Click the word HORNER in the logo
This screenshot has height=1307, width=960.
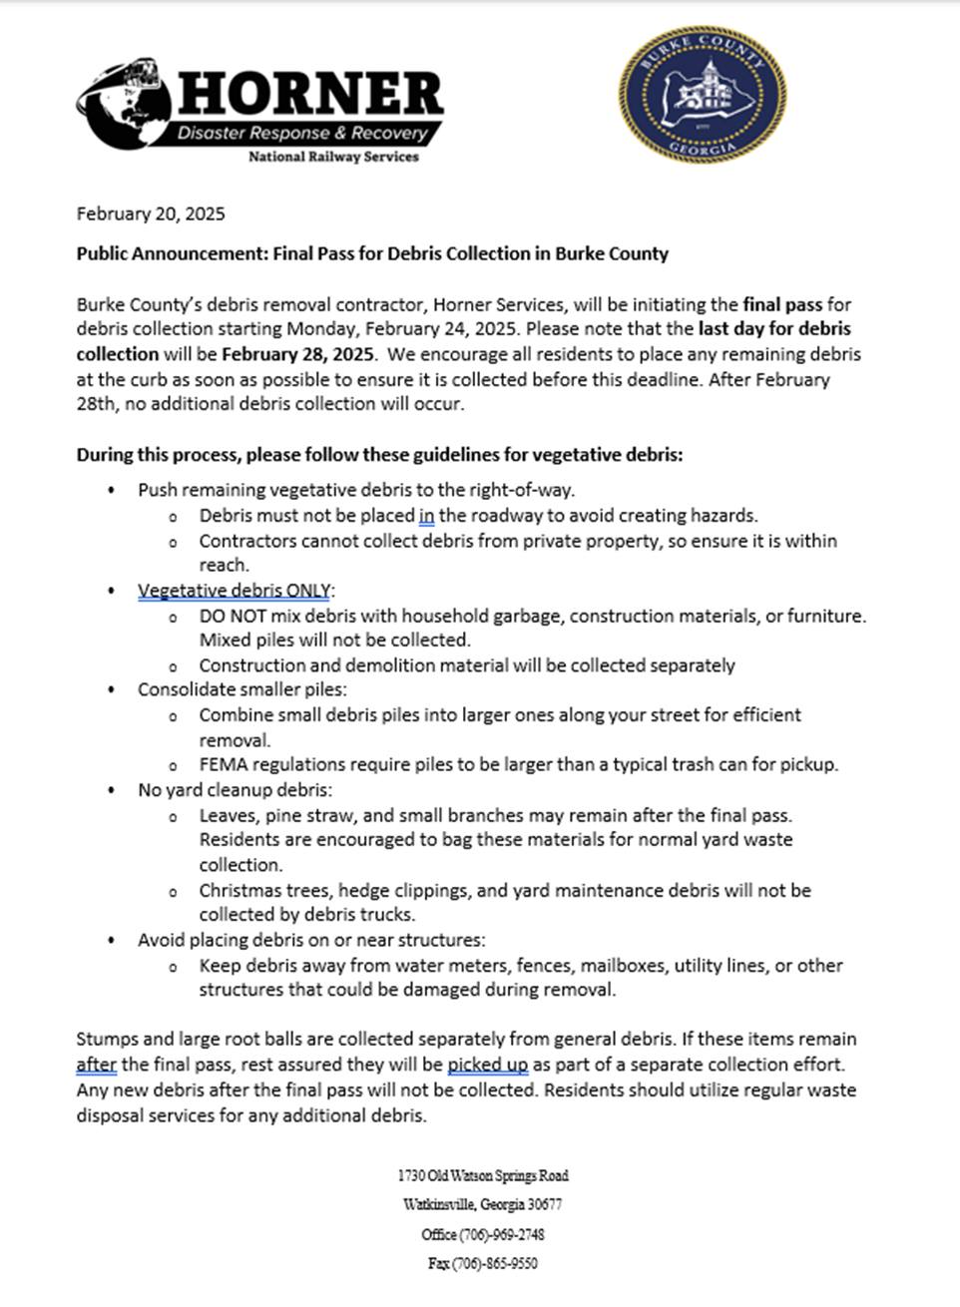[x=310, y=94]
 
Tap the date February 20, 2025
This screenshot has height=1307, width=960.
[x=151, y=214]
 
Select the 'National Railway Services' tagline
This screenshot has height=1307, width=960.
[x=332, y=157]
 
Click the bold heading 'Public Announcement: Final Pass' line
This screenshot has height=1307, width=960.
[x=372, y=253]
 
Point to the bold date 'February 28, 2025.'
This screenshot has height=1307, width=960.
[x=298, y=353]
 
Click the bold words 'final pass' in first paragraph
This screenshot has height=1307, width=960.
[x=782, y=304]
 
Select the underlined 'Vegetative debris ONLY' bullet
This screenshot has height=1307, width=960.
[x=235, y=590]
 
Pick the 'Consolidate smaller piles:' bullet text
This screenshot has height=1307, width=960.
[x=241, y=689]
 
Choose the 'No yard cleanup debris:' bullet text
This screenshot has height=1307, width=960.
[x=235, y=789]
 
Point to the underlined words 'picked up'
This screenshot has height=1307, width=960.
[x=487, y=1065]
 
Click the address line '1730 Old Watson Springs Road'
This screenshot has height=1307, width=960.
[x=483, y=1175]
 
